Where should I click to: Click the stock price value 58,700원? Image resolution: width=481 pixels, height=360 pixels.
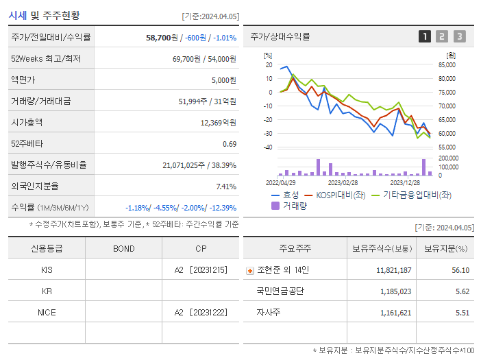162,37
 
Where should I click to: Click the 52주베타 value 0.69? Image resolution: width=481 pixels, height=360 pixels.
230,144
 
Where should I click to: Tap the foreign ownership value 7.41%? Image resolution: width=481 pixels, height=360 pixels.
225,186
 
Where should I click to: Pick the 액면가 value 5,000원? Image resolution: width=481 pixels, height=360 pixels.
223,80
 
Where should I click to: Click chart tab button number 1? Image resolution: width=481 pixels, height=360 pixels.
425,37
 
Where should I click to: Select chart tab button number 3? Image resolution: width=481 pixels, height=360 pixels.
459,37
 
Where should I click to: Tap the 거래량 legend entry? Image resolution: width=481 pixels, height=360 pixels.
291,205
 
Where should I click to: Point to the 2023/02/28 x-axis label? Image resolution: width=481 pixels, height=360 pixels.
343,183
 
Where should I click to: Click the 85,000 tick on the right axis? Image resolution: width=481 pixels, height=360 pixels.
447,65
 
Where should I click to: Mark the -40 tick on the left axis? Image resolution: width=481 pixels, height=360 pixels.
268,147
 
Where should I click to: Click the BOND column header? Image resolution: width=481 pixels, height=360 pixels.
123,248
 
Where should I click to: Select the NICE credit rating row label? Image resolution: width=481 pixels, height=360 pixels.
47,313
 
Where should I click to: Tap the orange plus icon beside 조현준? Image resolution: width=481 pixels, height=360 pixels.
250,271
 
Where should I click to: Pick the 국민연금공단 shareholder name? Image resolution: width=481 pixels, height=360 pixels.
280,291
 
